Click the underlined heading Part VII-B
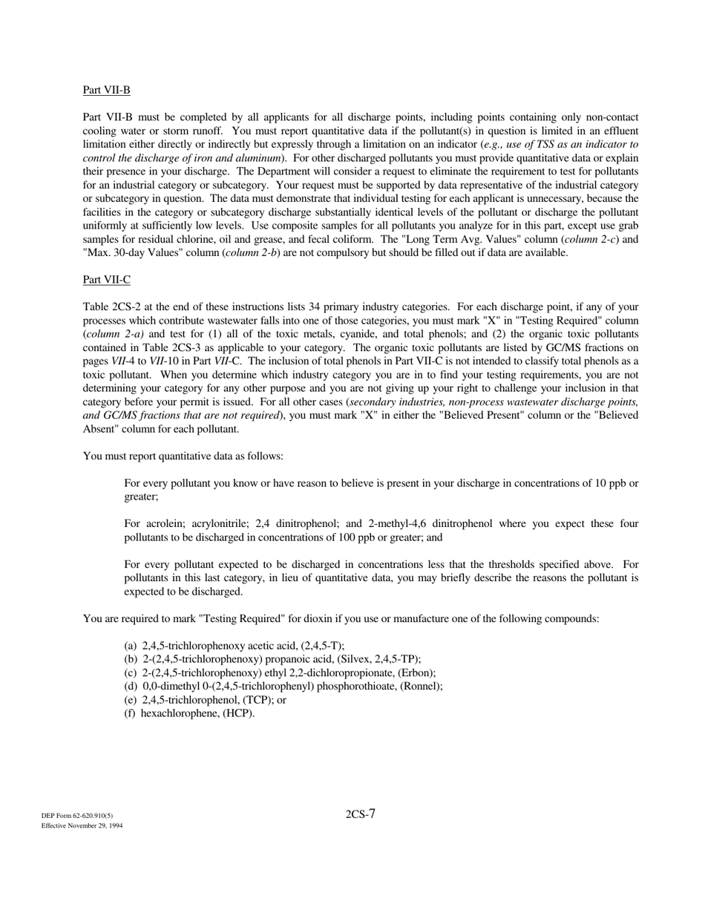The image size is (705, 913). click(x=106, y=91)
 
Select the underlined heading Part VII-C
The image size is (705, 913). click(x=106, y=280)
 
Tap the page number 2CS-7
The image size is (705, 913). click(x=361, y=814)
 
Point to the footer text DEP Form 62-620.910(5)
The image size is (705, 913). click(x=77, y=816)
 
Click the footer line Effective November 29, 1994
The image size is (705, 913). click(x=82, y=825)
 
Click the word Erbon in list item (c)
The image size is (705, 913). click(x=416, y=673)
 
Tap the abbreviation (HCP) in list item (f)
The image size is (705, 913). click(x=238, y=713)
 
